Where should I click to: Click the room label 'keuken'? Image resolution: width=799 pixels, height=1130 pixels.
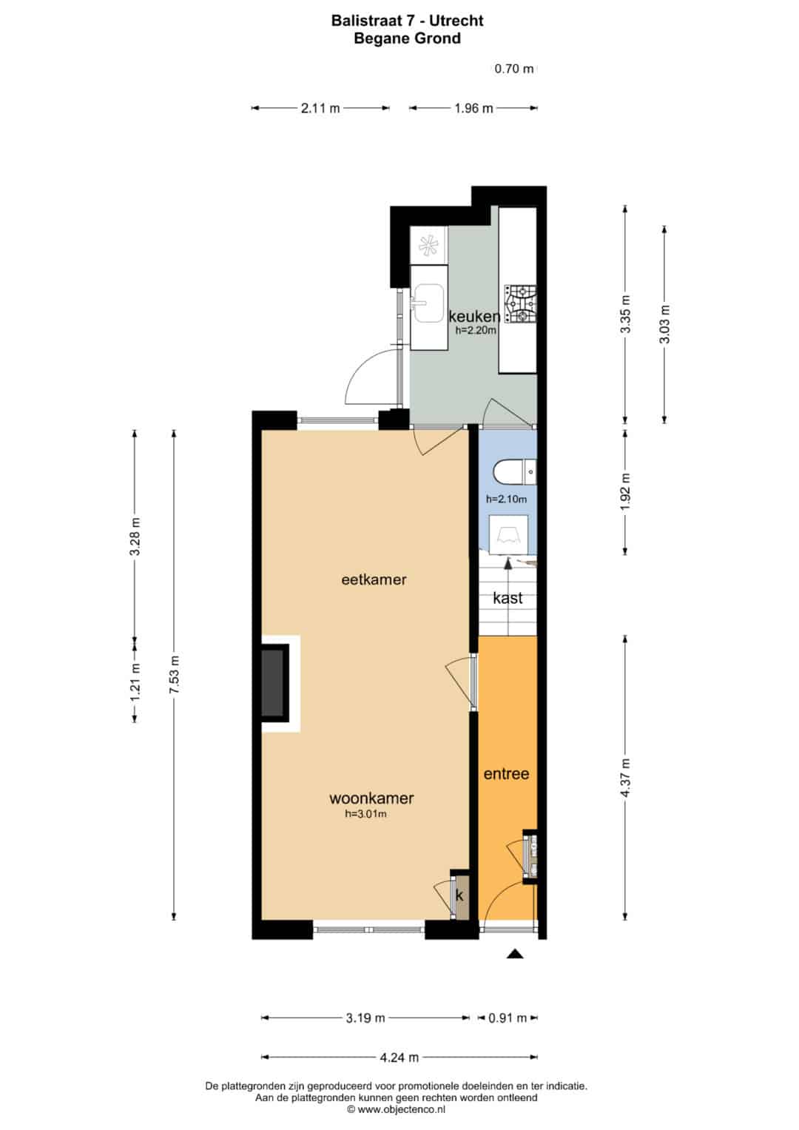coord(474,316)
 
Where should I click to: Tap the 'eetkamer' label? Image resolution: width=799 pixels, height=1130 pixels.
coord(374,579)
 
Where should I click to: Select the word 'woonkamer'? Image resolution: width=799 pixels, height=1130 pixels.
coord(371,798)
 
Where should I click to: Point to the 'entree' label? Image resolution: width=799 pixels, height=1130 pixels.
coord(507,774)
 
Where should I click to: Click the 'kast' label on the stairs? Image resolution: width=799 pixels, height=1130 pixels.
coord(508,598)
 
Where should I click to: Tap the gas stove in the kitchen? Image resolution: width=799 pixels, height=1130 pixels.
coord(521,304)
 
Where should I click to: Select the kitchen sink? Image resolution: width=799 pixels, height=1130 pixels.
coord(428,303)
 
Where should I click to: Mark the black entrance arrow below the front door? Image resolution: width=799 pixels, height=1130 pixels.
coord(515,954)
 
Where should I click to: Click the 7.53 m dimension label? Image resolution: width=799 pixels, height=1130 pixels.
coord(174,674)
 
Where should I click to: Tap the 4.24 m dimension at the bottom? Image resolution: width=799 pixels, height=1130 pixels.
coord(399,1057)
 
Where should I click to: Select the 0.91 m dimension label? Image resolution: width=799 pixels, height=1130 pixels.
coord(508,1018)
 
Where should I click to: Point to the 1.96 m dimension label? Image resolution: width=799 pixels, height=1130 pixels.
coord(473,108)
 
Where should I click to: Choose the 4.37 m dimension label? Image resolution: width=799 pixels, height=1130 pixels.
coord(625,777)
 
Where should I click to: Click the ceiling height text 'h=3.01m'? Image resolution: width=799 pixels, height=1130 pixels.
coord(365,814)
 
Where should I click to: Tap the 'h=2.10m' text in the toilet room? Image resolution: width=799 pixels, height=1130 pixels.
coord(507,500)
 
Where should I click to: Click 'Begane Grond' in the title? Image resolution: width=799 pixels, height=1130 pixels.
coord(407,38)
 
